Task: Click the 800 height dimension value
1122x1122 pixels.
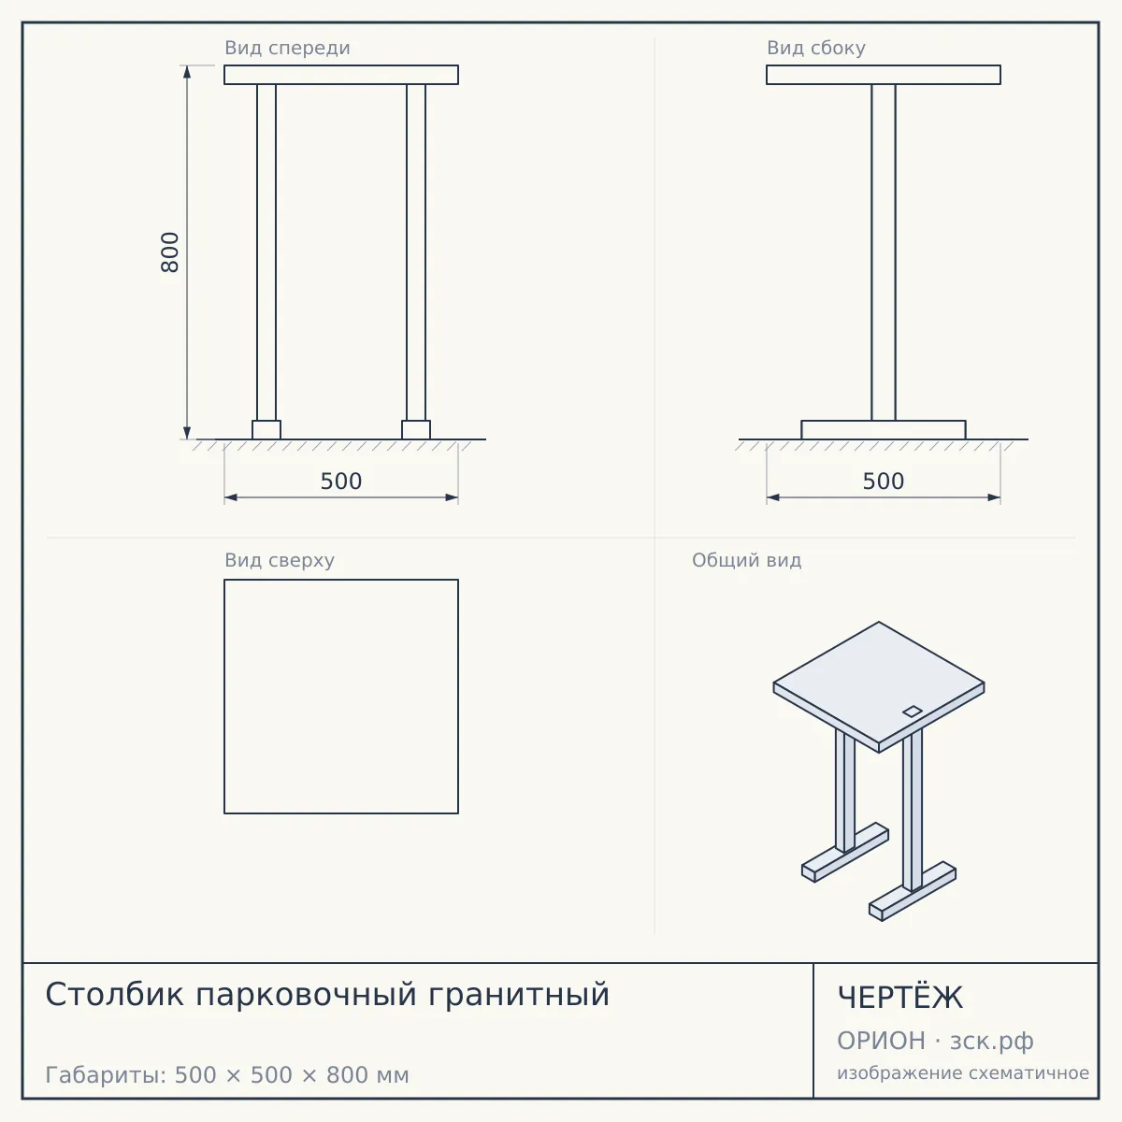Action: point(169,252)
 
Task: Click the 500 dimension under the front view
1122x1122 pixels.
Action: point(341,482)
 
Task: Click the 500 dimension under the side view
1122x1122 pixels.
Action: point(884,482)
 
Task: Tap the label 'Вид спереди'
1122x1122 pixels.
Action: point(287,48)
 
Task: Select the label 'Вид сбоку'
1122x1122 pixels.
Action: point(815,48)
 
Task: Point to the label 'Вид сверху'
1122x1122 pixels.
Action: point(280,560)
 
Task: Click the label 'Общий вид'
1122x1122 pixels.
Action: point(746,560)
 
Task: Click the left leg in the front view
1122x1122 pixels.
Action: point(266,252)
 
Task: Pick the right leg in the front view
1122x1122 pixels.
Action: point(416,252)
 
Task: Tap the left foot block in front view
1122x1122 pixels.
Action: point(266,430)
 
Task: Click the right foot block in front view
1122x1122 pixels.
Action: point(416,430)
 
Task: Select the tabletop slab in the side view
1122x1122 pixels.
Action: point(884,75)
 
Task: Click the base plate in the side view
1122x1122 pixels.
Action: point(884,430)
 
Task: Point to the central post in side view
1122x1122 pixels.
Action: point(884,252)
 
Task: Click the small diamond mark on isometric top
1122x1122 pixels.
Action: point(912,712)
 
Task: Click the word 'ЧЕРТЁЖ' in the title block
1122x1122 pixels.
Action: point(900,998)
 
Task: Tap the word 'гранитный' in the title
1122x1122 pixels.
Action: point(519,996)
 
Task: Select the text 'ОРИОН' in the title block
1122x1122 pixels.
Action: point(881,1041)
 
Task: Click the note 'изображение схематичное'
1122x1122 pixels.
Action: point(963,1073)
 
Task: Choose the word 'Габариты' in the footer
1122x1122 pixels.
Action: point(106,1075)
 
